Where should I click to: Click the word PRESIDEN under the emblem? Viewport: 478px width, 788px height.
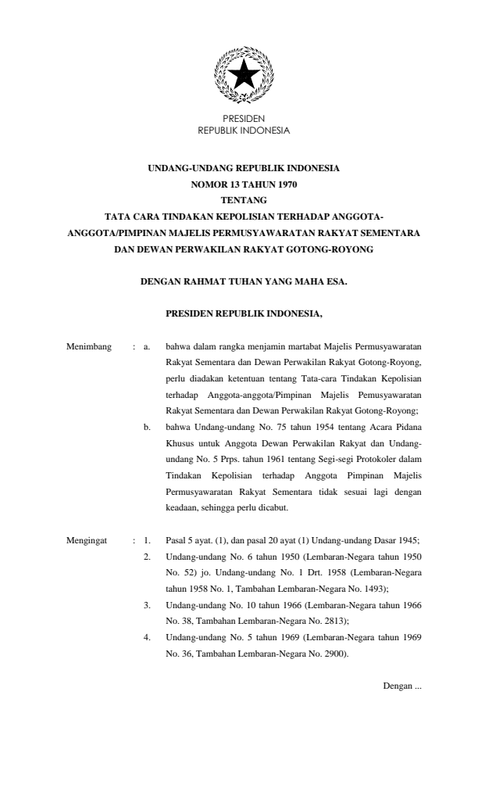coord(244,118)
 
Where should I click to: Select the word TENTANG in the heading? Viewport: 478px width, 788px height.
coord(244,200)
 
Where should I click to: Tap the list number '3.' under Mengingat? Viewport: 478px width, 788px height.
coord(147,582)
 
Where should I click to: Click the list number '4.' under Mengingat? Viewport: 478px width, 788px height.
coord(147,616)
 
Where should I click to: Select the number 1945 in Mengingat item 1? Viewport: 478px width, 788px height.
coord(409,540)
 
